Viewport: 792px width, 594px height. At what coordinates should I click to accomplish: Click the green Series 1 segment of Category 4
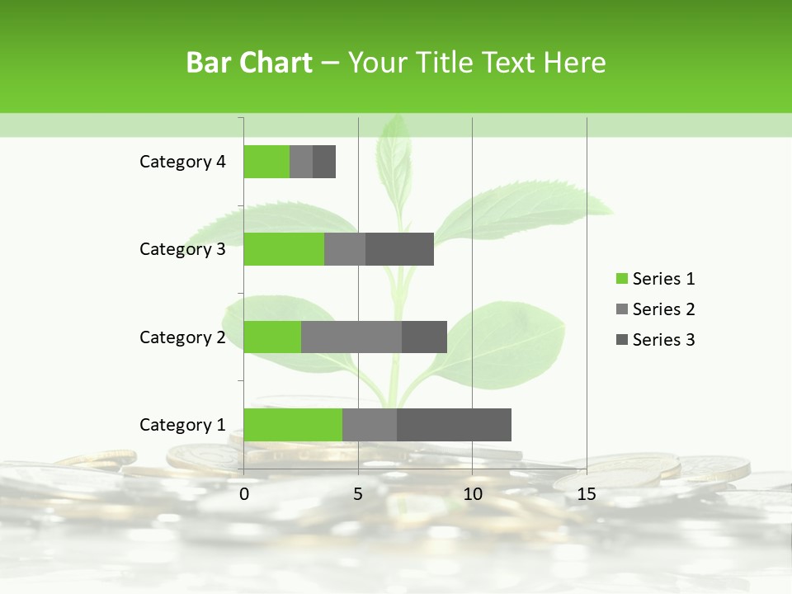[x=266, y=162]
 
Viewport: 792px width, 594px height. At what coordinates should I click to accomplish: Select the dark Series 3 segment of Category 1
[x=454, y=425]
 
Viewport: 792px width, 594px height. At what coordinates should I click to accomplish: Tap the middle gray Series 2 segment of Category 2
[x=351, y=337]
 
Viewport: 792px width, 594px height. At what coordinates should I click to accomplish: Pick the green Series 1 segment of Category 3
[x=284, y=249]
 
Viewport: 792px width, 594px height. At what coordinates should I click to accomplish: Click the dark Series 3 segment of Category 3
[x=399, y=249]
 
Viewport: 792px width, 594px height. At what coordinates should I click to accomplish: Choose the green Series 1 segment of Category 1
[x=293, y=425]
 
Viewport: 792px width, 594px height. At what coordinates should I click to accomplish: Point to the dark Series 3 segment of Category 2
[x=424, y=337]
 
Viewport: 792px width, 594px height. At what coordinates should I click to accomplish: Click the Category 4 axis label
[x=182, y=162]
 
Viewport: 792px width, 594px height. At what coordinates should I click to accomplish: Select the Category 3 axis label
[x=182, y=249]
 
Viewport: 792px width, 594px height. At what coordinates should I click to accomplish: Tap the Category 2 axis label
[x=182, y=337]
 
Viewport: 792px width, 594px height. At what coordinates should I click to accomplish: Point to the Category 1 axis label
[x=182, y=425]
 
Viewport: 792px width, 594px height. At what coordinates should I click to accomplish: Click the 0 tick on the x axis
[x=244, y=494]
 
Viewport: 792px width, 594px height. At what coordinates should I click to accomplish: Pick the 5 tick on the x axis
[x=358, y=494]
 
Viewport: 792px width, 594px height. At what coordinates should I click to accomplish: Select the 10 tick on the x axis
[x=472, y=494]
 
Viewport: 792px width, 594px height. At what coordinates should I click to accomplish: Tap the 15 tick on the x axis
[x=587, y=494]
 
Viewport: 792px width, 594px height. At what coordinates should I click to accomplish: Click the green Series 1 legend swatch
[x=621, y=279]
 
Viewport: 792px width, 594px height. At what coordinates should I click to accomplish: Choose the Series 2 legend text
[x=663, y=309]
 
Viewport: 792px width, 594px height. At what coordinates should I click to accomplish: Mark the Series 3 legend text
[x=663, y=340]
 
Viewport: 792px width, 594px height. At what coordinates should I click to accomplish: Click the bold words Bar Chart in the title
[x=249, y=63]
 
